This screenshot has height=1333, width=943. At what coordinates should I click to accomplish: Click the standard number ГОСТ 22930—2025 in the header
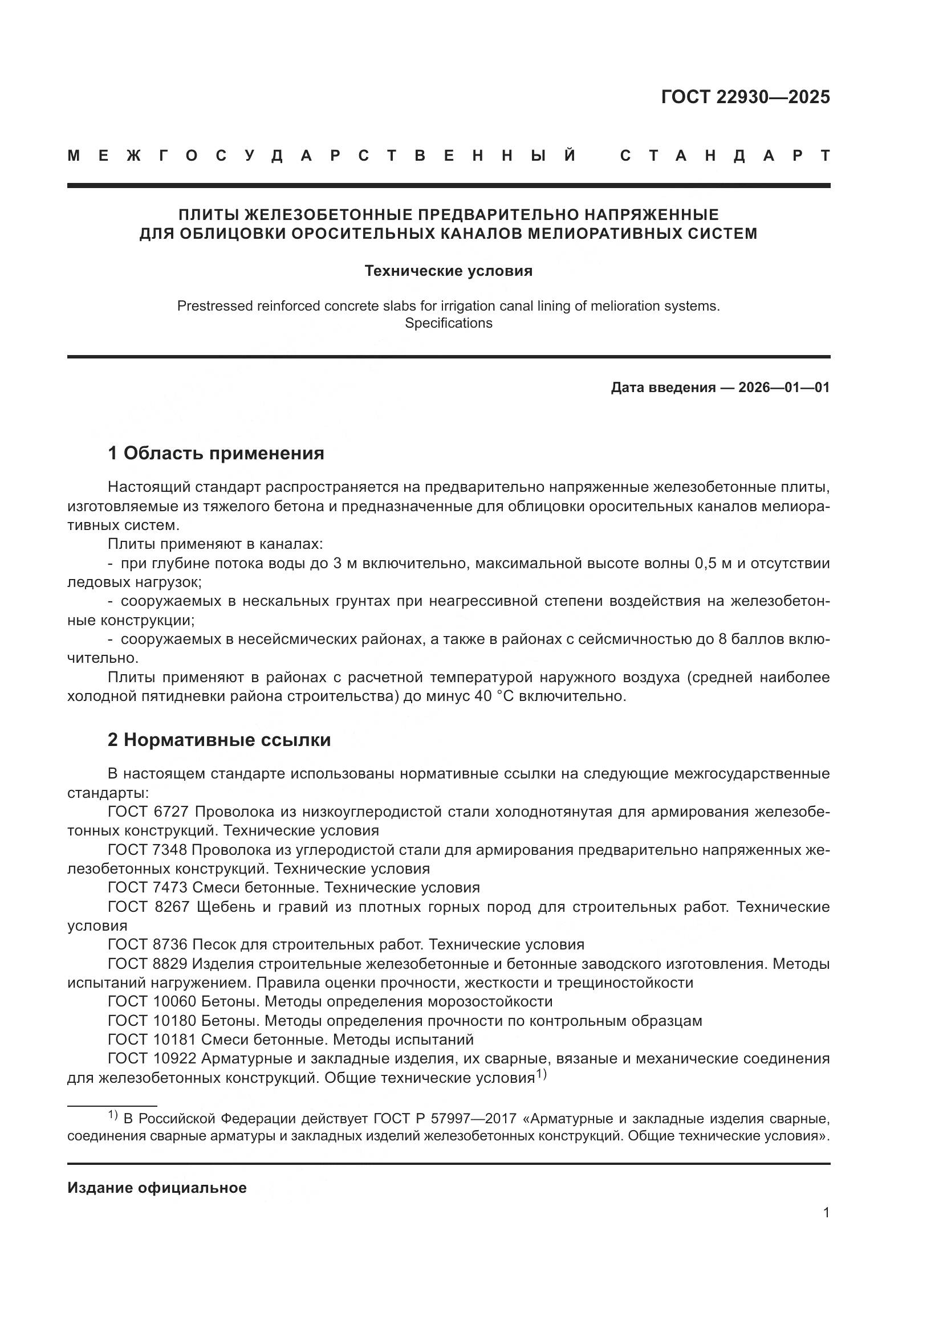[x=745, y=97]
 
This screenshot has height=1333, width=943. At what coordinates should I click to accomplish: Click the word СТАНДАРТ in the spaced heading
[x=725, y=156]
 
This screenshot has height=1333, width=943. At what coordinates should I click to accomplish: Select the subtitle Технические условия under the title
[x=448, y=271]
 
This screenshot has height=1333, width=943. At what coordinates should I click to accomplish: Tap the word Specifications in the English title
[x=448, y=323]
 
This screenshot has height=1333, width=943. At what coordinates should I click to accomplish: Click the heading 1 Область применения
[x=216, y=453]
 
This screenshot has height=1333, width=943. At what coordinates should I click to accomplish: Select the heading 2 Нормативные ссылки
[x=220, y=740]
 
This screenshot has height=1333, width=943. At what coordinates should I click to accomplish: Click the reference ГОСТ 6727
[x=148, y=811]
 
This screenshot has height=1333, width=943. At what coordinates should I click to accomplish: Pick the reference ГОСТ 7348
[x=148, y=849]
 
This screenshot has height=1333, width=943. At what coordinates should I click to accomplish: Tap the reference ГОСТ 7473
[x=148, y=887]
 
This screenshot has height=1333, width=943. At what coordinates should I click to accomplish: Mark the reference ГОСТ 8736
[x=148, y=944]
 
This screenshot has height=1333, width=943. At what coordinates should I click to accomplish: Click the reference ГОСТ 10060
[x=152, y=1001]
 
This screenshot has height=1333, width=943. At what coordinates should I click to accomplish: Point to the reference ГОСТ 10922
[x=152, y=1058]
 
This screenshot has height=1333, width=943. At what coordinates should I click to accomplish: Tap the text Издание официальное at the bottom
[x=157, y=1187]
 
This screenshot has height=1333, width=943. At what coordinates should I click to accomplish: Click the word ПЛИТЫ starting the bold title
[x=208, y=215]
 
